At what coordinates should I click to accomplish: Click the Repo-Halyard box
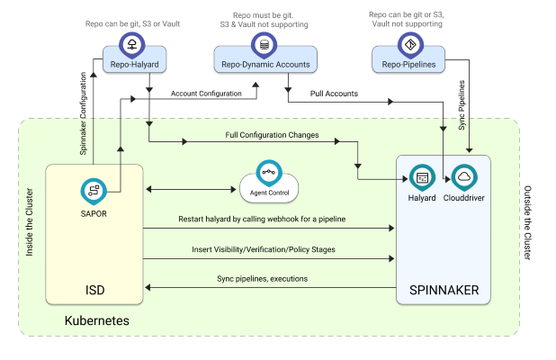pos(132,63)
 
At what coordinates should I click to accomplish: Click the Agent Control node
pos(269,189)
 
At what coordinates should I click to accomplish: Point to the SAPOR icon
pos(94,189)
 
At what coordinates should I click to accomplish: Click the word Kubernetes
pos(94,320)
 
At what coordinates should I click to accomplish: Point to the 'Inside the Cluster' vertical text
pos(30,221)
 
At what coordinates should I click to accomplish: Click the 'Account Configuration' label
pos(206,94)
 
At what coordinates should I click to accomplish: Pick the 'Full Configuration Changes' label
pos(271,135)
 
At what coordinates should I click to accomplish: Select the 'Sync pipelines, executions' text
pos(262,279)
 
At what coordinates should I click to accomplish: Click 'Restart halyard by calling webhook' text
pos(262,220)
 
